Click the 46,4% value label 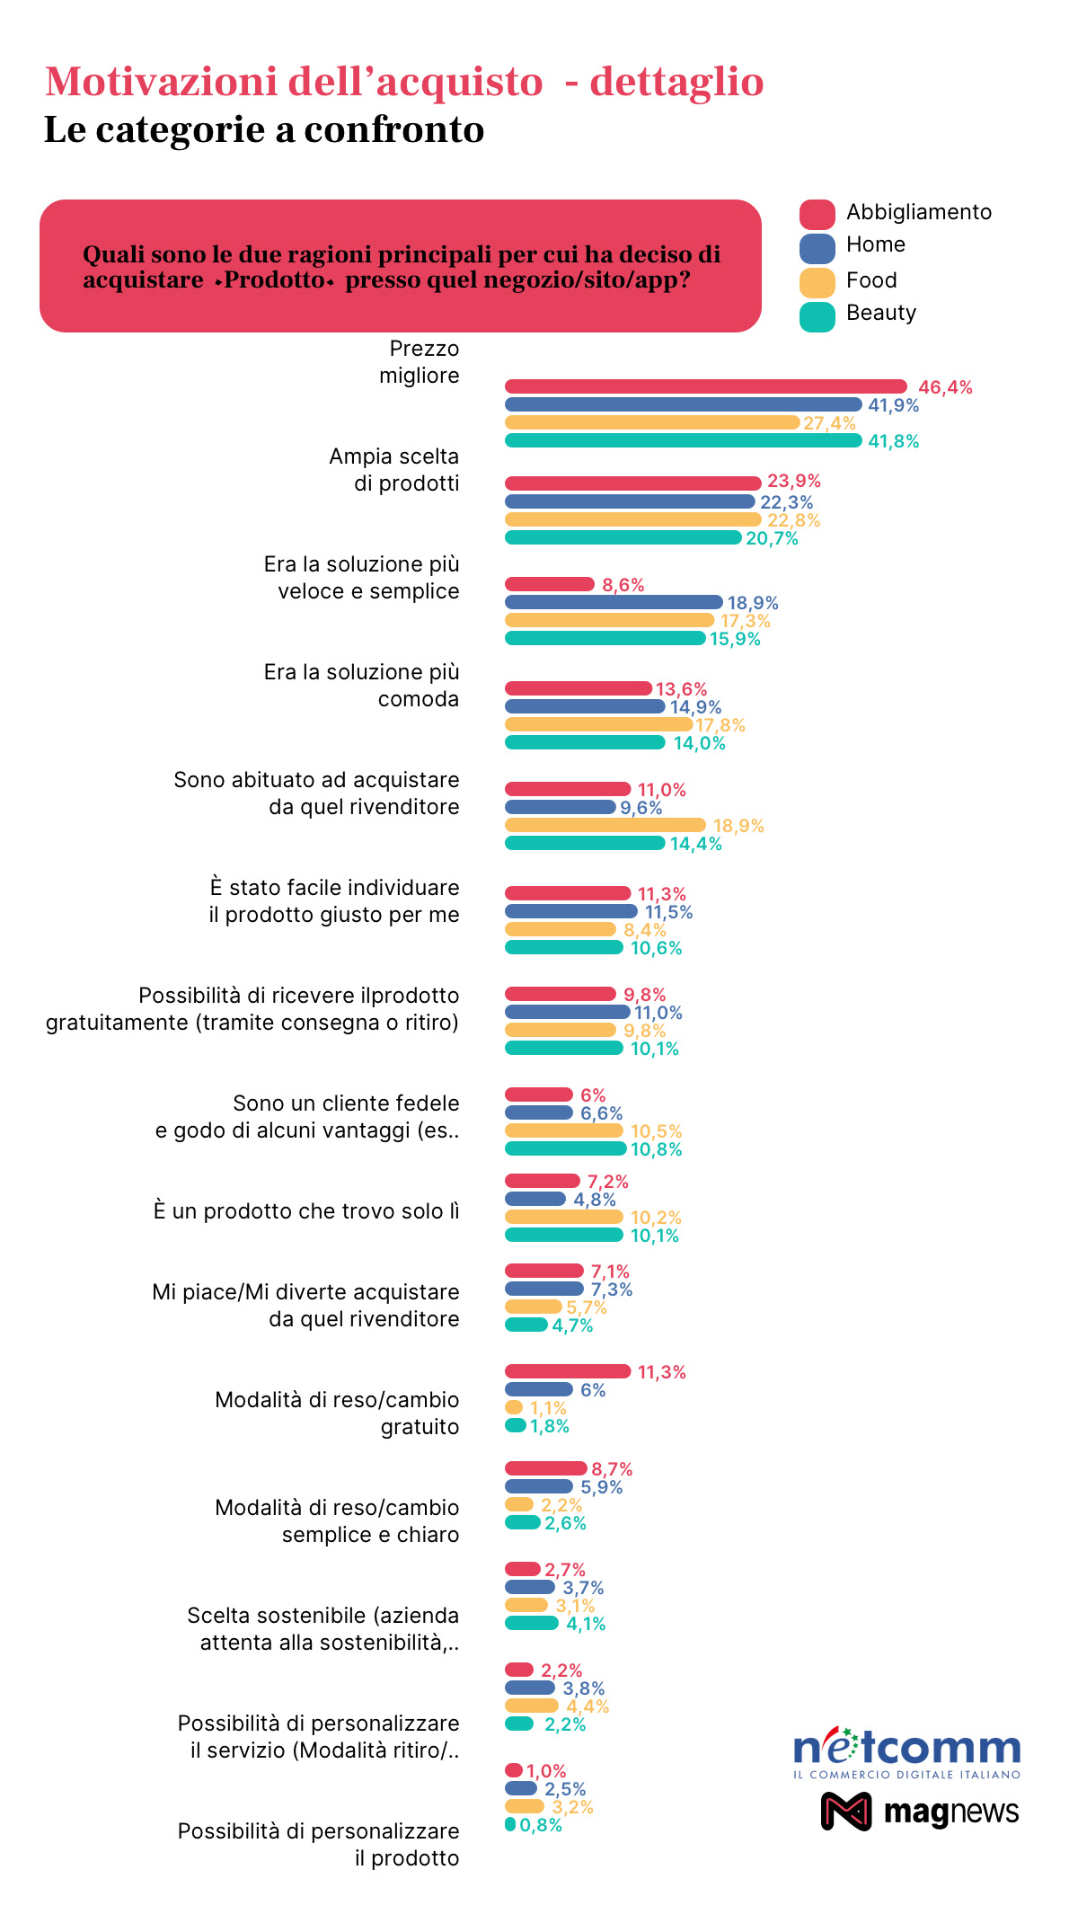tap(945, 387)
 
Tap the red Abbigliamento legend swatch tap(817, 214)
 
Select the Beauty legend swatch tap(817, 316)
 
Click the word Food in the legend tap(871, 280)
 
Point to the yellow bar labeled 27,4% tap(652, 422)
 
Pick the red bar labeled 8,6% tap(550, 584)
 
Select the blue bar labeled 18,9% tap(614, 602)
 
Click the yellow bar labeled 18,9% tap(605, 825)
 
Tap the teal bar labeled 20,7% tap(623, 537)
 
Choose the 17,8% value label tap(720, 725)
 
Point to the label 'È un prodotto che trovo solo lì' tap(306, 1211)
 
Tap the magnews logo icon tap(846, 1811)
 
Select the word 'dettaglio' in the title tap(676, 82)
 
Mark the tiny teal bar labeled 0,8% tap(510, 1824)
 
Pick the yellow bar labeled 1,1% tap(514, 1407)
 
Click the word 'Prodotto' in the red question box tap(274, 279)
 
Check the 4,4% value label tap(588, 1706)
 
